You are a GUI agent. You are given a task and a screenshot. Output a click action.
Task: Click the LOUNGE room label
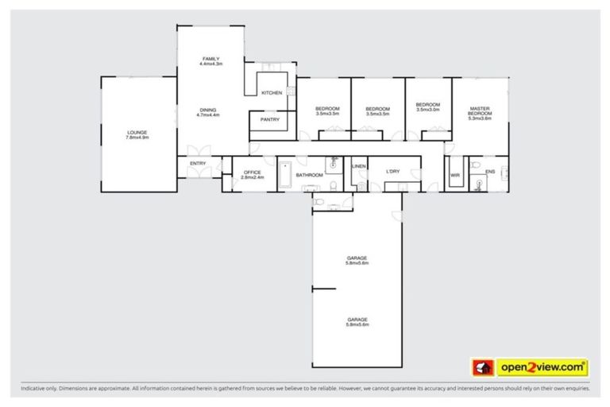(x=137, y=133)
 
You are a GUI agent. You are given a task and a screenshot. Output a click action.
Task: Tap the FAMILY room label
(x=210, y=59)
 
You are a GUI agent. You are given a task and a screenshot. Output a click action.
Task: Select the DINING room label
(x=207, y=110)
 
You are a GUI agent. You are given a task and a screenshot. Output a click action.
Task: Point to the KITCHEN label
(x=272, y=93)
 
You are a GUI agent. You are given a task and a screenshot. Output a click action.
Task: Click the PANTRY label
(x=270, y=120)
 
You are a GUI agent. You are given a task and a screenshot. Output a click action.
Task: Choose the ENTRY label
(x=198, y=164)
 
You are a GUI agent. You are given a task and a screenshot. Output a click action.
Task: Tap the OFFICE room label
(x=253, y=172)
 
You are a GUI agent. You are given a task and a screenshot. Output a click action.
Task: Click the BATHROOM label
(x=309, y=175)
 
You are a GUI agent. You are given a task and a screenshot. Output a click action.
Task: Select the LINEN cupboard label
(x=358, y=166)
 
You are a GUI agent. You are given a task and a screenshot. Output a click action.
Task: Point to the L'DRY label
(x=392, y=172)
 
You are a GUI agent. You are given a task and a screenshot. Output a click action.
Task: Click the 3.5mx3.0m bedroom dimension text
(x=428, y=110)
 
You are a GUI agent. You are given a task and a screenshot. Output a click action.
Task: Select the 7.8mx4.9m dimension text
(x=137, y=138)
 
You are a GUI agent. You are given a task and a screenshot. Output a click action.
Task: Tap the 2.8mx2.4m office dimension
(x=253, y=176)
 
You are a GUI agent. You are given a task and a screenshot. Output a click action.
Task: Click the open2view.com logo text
(x=542, y=367)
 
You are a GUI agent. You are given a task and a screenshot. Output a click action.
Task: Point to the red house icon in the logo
(x=481, y=367)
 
